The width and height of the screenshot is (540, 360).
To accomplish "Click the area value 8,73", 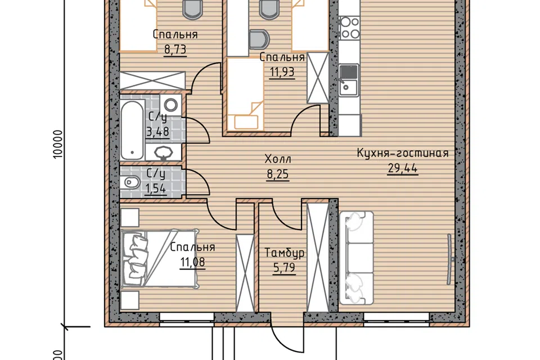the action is pos(175,49).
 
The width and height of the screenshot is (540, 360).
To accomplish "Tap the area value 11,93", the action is pos(282,72).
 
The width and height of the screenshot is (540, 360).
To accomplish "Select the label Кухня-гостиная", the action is pos(403,153).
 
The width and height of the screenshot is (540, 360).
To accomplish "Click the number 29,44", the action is pos(403,168).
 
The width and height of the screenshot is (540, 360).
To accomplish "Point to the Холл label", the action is pos(277,159).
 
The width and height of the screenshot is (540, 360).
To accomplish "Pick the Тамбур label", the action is pos(285,253).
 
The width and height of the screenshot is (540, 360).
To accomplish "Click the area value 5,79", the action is pos(285,268).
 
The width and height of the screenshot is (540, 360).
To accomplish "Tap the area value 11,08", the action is pos(192,262).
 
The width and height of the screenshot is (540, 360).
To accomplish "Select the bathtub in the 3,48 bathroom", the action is pos(132,130).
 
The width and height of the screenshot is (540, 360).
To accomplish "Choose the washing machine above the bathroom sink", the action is pos(171,104).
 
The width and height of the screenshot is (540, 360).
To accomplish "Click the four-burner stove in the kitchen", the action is pos(350,28).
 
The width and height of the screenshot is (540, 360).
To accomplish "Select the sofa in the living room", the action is pos(357,258).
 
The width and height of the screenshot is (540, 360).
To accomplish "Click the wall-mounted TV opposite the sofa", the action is pos(450,259).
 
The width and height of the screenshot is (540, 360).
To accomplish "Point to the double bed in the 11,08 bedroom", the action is pos(160,258).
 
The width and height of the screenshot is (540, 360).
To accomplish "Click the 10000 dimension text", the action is pos(58,144).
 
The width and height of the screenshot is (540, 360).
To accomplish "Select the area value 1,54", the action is pos(155,189).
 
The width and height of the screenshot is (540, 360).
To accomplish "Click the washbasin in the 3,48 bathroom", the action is pos(163,152).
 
